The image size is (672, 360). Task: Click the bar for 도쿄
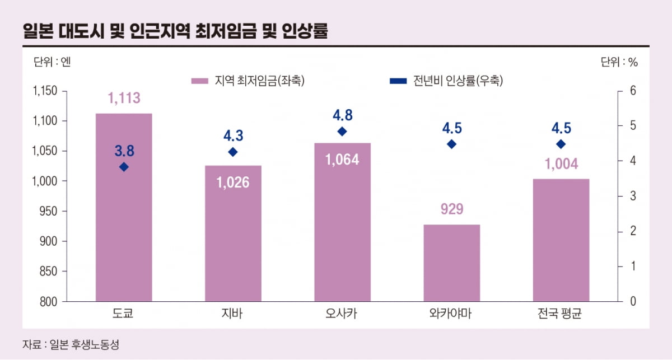pyautogui.click(x=124, y=224)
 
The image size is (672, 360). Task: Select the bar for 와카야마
pyautogui.click(x=451, y=263)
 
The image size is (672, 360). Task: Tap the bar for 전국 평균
pyautogui.click(x=561, y=241)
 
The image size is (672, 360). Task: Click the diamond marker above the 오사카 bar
pyautogui.click(x=343, y=132)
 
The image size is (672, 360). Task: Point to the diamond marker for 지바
pyautogui.click(x=233, y=152)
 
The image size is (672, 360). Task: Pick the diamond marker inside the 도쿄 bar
pyautogui.click(x=124, y=167)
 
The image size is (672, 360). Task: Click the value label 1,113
pyautogui.click(x=124, y=99)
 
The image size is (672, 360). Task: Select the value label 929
pyautogui.click(x=451, y=209)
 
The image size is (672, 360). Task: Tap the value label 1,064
pyautogui.click(x=342, y=159)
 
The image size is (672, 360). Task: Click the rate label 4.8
pyautogui.click(x=343, y=115)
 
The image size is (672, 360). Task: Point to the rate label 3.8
pyautogui.click(x=124, y=151)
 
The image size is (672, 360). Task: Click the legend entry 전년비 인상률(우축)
pyautogui.click(x=446, y=81)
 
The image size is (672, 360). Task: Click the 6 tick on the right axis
pyautogui.click(x=633, y=91)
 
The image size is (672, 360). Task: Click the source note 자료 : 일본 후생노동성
pyautogui.click(x=71, y=344)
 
